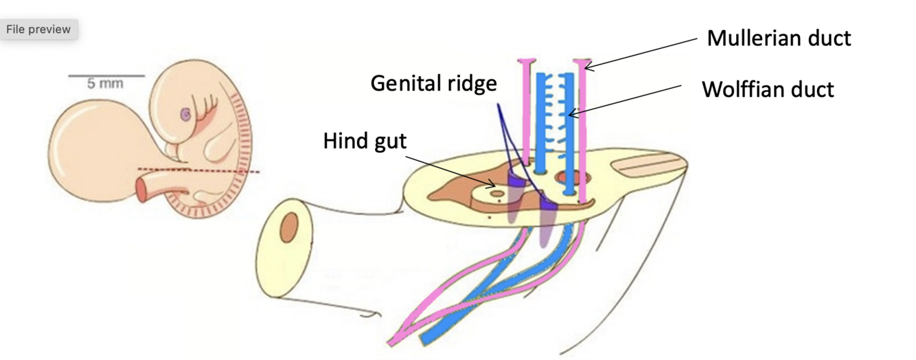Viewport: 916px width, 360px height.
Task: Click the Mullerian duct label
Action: (779, 38)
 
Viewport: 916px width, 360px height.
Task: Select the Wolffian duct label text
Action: (768, 89)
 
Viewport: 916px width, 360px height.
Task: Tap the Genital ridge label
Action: (433, 83)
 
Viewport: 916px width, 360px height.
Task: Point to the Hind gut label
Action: (365, 142)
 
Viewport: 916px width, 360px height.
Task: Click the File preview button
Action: (38, 30)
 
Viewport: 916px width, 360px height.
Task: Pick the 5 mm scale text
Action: (105, 84)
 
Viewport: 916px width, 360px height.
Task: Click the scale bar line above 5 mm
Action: (106, 75)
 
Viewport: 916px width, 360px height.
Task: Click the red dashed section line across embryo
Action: (199, 170)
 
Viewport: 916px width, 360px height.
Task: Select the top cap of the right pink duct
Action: (583, 63)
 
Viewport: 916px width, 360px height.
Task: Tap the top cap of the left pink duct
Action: (525, 63)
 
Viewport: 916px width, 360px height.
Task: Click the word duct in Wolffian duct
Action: (810, 89)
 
